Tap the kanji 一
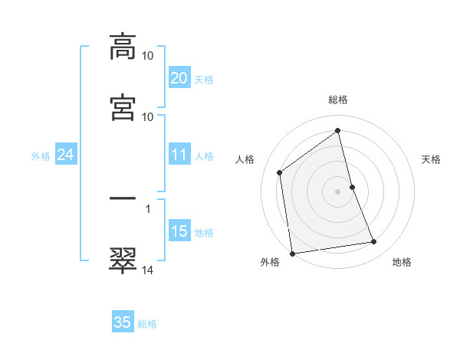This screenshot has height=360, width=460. (x=123, y=198)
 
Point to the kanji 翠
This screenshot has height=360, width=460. (x=123, y=260)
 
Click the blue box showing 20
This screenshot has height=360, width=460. (x=179, y=78)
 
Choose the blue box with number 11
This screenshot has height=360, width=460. (x=179, y=155)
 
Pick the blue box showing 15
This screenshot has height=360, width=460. (x=179, y=231)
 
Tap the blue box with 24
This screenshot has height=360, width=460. (x=65, y=155)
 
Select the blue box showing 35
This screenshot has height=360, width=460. (x=123, y=322)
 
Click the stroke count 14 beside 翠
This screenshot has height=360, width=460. (x=148, y=270)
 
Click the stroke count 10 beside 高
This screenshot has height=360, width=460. (x=148, y=56)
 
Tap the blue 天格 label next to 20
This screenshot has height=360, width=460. (x=204, y=79)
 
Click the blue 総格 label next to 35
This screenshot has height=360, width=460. (x=147, y=323)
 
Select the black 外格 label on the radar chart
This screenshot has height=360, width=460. (x=270, y=263)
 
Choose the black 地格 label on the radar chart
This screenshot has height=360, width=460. (x=402, y=263)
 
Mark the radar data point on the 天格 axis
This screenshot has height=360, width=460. (x=352, y=186)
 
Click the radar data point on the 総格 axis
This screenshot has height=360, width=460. (x=338, y=130)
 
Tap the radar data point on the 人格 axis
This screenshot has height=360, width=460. (x=280, y=172)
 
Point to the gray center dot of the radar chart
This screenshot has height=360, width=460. (x=338, y=191)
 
